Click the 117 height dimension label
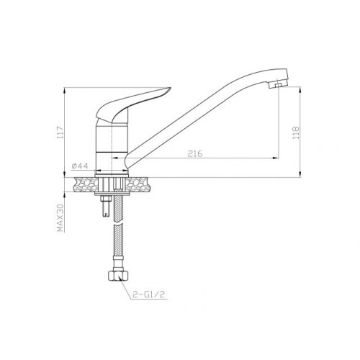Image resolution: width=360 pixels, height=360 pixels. tap(60, 132)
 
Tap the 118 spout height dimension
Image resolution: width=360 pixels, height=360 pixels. tap(296, 132)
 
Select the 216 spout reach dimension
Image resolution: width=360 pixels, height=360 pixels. tap(195, 153)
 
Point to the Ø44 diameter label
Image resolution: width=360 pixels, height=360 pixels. tap(80, 166)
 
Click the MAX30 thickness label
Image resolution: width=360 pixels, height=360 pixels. tap(60, 218)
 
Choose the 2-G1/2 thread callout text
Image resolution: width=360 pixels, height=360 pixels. tap(149, 294)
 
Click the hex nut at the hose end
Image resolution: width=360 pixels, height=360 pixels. tap(117, 276)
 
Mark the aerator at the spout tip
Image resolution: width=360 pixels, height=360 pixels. tap(278, 85)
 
